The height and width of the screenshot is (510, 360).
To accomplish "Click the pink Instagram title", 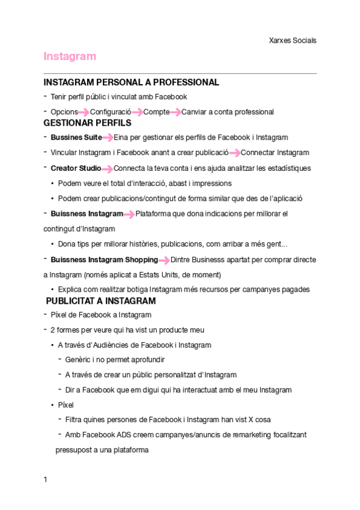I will (x=70, y=57).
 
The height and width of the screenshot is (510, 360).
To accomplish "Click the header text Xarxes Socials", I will (x=292, y=40).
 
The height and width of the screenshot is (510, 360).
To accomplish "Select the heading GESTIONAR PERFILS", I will (x=87, y=123).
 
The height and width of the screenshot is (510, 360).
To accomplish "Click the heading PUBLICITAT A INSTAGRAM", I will (x=101, y=301).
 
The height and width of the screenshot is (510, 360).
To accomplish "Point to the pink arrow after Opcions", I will (x=84, y=112).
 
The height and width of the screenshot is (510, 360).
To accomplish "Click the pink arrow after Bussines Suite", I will (x=108, y=138).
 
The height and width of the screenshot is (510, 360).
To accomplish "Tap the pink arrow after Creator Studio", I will (x=107, y=168).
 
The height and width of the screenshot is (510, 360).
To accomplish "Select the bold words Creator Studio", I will (x=76, y=168).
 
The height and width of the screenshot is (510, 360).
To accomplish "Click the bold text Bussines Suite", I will (x=76, y=137).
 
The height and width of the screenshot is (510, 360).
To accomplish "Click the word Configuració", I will (x=111, y=112).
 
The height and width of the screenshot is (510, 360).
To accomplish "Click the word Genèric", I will (x=78, y=359).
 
